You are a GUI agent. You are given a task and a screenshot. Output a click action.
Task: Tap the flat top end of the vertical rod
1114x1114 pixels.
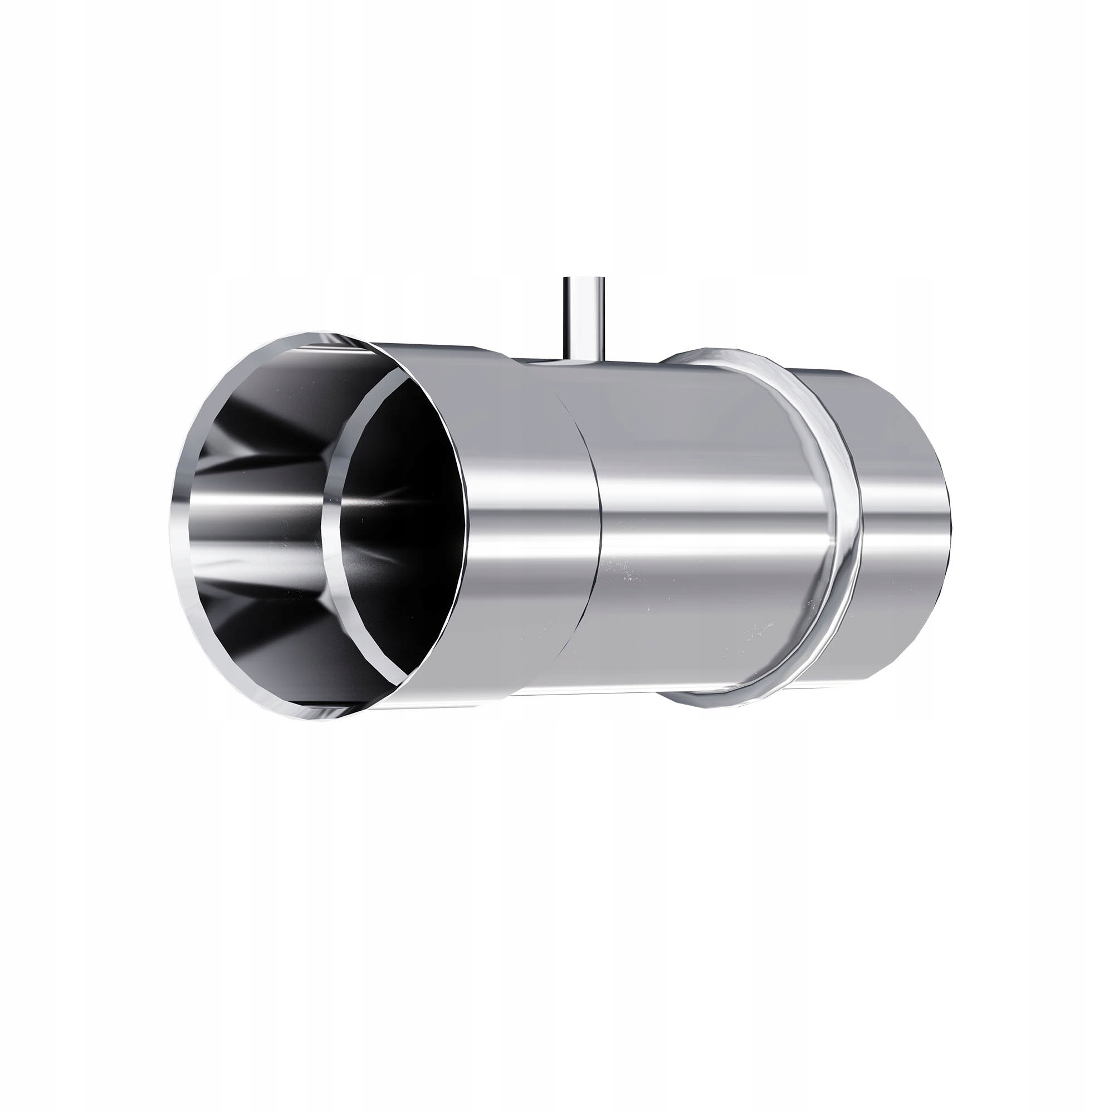pos(584,280)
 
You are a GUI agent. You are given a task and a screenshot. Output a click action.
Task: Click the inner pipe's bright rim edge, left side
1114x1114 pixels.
pos(329,519)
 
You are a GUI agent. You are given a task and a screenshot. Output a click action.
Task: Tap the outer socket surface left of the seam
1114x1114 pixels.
pos(519,519)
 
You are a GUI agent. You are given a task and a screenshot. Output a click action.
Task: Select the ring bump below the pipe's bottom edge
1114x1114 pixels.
pos(715,701)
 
